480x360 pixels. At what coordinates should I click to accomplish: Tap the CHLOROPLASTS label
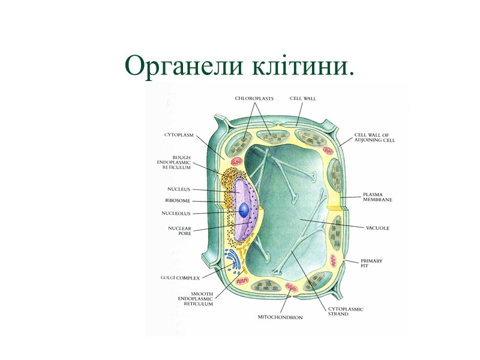point(254,98)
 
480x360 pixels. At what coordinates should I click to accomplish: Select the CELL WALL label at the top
point(303,98)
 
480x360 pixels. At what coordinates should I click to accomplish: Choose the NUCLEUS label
point(179,189)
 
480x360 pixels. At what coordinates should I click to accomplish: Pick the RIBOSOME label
point(178,200)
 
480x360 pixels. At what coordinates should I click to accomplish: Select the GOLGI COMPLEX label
point(180,278)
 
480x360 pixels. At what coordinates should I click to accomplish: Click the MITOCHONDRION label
point(280,317)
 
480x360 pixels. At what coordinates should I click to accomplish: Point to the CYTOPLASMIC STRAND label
point(346,311)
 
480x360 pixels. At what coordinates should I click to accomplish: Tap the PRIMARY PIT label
point(371,263)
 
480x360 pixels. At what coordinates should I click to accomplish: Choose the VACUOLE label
point(378,229)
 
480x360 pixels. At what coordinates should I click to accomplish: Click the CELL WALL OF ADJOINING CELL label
point(374,137)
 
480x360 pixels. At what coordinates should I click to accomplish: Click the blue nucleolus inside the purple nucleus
point(245,210)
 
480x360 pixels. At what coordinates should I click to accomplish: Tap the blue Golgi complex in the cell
point(230,262)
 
